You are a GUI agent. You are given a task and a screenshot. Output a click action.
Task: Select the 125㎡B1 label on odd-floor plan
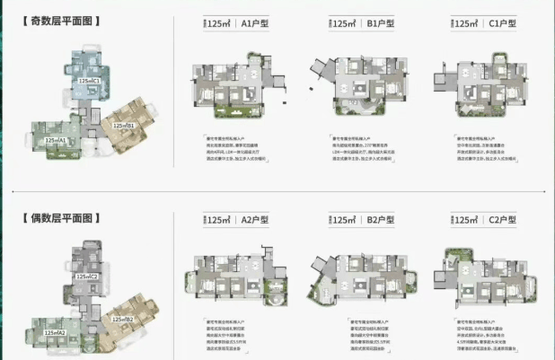[124, 127]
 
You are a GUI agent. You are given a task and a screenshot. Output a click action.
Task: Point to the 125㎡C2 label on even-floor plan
[87, 277]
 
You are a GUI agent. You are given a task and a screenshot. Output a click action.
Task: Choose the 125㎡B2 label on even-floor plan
[123, 319]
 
